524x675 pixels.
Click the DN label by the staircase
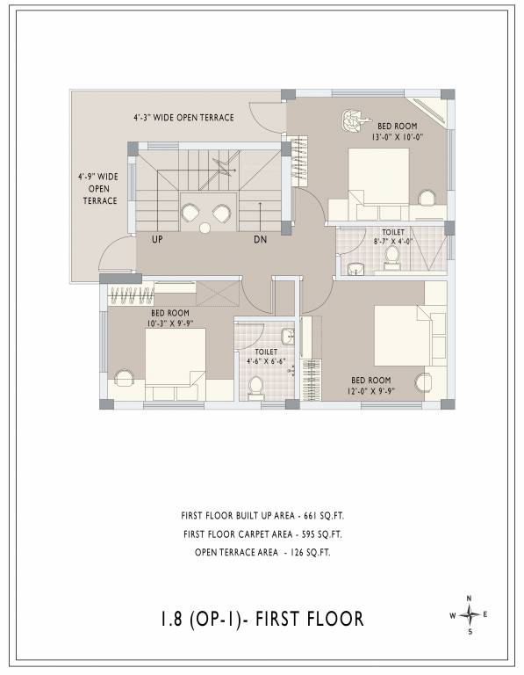pos(261,239)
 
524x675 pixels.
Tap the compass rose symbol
pos(470,614)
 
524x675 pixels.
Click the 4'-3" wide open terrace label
pos(183,117)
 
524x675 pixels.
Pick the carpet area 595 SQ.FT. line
pos(262,533)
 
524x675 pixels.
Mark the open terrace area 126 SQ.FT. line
pos(262,552)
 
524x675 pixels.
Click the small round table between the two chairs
pos(205,228)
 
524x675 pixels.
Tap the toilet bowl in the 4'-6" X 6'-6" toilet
pos(255,386)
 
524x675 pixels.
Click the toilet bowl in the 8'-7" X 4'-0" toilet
pos(392,255)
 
